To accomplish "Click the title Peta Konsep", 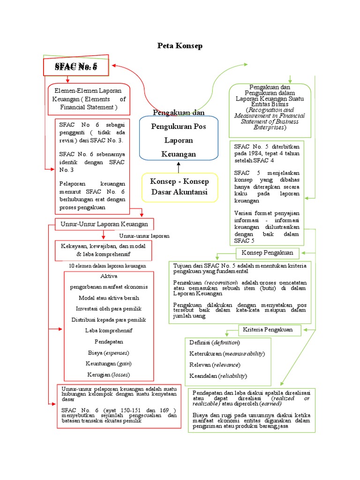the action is pyautogui.click(x=180, y=46).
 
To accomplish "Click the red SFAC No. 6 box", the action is pyautogui.click(x=76, y=67).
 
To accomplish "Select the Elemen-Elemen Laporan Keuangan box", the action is pyautogui.click(x=89, y=99).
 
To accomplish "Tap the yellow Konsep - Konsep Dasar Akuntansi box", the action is pyautogui.click(x=180, y=187).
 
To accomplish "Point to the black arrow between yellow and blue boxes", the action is pyautogui.click(x=179, y=167).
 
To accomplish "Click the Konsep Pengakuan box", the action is pyautogui.click(x=267, y=253).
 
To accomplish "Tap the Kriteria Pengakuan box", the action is pyautogui.click(x=268, y=330).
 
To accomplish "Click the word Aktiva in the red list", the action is pyautogui.click(x=109, y=276).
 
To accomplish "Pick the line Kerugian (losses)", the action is pyautogui.click(x=108, y=375).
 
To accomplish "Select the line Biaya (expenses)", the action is pyautogui.click(x=108, y=352).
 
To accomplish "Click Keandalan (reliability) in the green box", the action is pyautogui.click(x=218, y=376).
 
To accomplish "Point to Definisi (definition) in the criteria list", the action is pyautogui.click(x=215, y=343).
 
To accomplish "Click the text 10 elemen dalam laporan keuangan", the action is pyautogui.click(x=107, y=266).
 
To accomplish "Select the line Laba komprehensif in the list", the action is pyautogui.click(x=109, y=330).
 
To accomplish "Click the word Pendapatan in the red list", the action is pyautogui.click(x=109, y=341).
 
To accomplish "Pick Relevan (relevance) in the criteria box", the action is pyautogui.click(x=215, y=365).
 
